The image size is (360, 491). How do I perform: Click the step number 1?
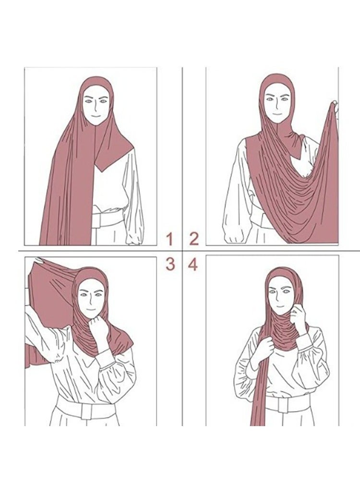point(169,238)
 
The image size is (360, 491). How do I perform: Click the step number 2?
point(193,238)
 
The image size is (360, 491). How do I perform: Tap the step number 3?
point(169,263)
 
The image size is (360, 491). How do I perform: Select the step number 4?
point(192,263)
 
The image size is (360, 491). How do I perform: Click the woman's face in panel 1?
point(96,107)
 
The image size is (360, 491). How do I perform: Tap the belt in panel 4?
point(288,405)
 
